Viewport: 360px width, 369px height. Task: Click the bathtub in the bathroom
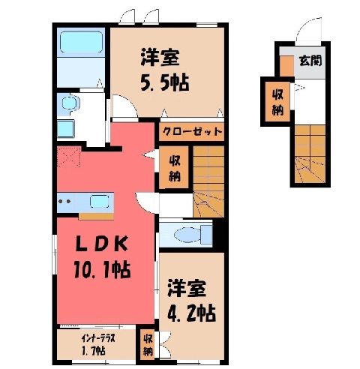pyautogui.click(x=81, y=42)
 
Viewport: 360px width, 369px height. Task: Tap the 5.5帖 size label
pyautogui.click(x=165, y=82)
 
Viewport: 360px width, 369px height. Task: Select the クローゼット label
pyautogui.click(x=192, y=131)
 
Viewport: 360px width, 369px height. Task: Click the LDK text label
pyautogui.click(x=102, y=244)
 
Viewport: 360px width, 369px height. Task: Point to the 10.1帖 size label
pyautogui.click(x=102, y=269)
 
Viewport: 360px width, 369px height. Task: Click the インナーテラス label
pyautogui.click(x=97, y=339)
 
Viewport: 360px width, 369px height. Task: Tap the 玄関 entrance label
pyautogui.click(x=310, y=61)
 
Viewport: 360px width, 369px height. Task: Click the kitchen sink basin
pyautogui.click(x=99, y=202)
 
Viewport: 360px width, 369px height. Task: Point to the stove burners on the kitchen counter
pyautogui.click(x=64, y=201)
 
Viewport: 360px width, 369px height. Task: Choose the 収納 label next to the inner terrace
pyautogui.click(x=148, y=345)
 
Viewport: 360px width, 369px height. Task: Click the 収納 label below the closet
pyautogui.click(x=174, y=169)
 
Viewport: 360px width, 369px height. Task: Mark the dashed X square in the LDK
pyautogui.click(x=69, y=157)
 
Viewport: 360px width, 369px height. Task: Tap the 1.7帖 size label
pyautogui.click(x=94, y=351)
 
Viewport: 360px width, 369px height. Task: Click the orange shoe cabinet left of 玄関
pyautogui.click(x=286, y=66)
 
